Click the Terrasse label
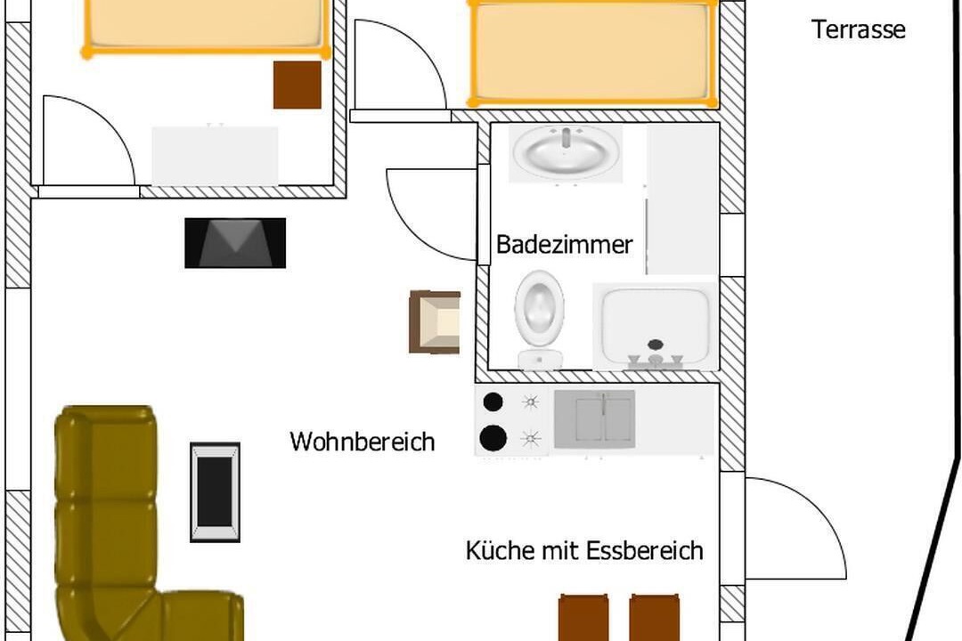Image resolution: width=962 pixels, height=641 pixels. coord(859,29)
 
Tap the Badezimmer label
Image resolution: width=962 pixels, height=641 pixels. coord(564,245)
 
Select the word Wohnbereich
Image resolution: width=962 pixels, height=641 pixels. coord(362,442)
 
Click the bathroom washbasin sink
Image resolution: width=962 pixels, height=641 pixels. coord(566,152)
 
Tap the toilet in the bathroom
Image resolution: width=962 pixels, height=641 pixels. coord(539,320)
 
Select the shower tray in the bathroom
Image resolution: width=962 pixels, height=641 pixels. coord(656,327)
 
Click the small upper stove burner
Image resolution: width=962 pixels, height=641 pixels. coord(493,402)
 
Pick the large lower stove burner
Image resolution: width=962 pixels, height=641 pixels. coord(493,438)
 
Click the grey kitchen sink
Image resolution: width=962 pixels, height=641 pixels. coord(594,419)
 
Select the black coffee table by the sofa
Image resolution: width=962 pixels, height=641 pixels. coord(215,492)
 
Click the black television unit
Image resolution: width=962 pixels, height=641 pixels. coord(235,243)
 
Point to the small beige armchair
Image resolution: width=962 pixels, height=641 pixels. coord(435,322)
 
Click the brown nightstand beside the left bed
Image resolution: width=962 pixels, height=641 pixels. coord(298,85)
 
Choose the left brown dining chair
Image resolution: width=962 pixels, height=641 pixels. coord(583,617)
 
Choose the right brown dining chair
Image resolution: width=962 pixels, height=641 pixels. coord(655,617)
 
